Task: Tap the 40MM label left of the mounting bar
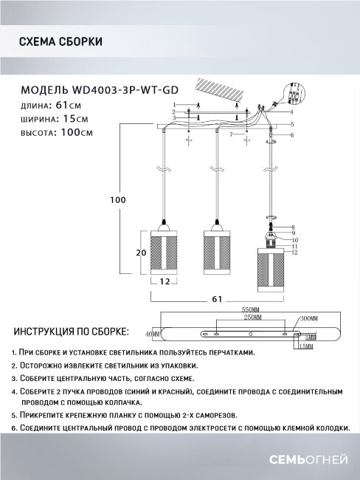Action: pos(152,335)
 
